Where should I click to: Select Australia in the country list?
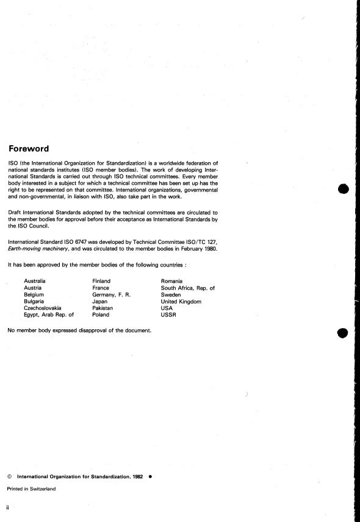[35, 281]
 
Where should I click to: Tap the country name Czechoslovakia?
[43, 308]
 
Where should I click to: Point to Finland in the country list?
[101, 281]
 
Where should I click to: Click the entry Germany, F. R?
[112, 295]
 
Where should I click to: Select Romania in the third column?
[173, 281]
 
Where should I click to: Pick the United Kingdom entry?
[181, 301]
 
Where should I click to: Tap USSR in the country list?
[168, 315]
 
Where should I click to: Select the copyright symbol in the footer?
[9, 476]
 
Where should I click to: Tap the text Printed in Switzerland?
[31, 489]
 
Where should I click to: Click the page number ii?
[9, 507]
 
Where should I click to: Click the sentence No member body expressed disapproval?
[79, 331]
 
